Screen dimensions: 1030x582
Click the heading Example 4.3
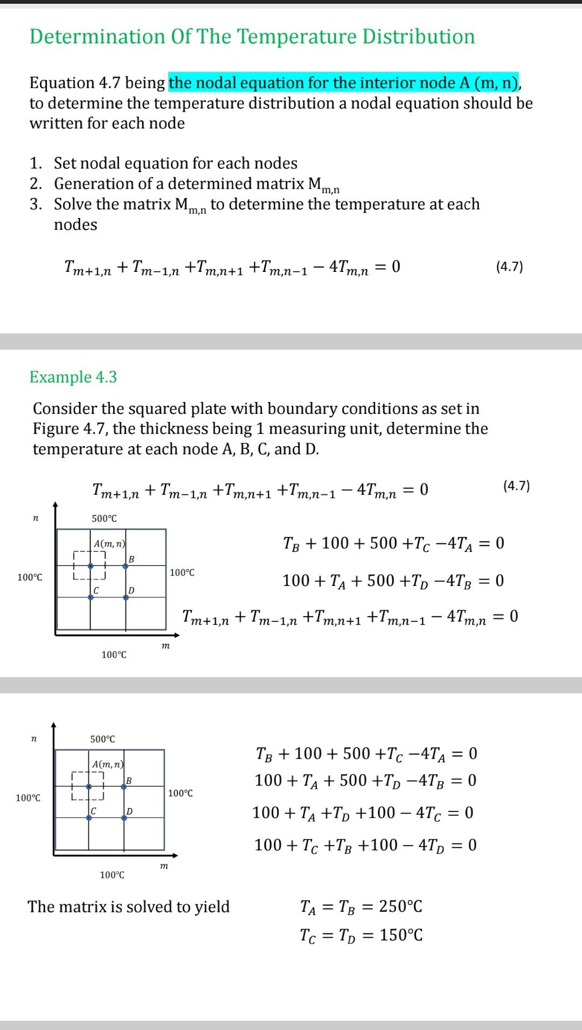pyautogui.click(x=73, y=377)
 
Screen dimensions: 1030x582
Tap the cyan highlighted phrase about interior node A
pyautogui.click(x=344, y=83)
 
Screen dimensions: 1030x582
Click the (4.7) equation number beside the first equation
pyautogui.click(x=509, y=267)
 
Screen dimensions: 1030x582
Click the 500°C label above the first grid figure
pyautogui.click(x=104, y=519)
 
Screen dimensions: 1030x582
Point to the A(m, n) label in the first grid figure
pyautogui.click(x=109, y=544)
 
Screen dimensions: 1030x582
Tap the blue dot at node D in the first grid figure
pyautogui.click(x=126, y=597)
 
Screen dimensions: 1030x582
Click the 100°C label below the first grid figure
pyautogui.click(x=114, y=654)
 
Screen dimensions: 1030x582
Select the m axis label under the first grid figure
pyautogui.click(x=165, y=645)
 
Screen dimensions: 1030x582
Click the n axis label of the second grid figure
pyautogui.click(x=34, y=738)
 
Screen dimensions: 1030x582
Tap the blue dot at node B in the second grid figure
pyautogui.click(x=124, y=787)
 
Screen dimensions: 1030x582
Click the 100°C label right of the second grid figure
pyautogui.click(x=181, y=793)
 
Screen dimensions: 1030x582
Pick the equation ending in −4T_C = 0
pyautogui.click(x=363, y=813)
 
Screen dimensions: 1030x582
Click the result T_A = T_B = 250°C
pyautogui.click(x=361, y=906)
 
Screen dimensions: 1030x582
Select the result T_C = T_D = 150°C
pyautogui.click(x=361, y=935)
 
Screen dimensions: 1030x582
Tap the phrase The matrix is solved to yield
pyautogui.click(x=129, y=906)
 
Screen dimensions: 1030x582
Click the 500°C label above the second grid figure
pyautogui.click(x=102, y=739)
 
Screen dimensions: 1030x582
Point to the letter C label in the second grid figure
pyautogui.click(x=93, y=811)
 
